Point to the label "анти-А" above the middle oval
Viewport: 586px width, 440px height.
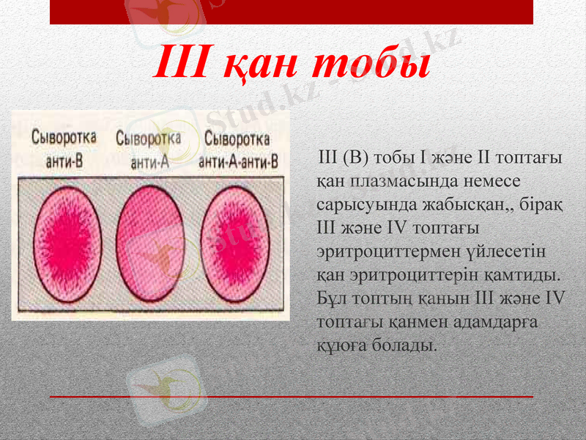(150, 163)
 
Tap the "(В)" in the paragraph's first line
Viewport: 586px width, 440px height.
(360, 158)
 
